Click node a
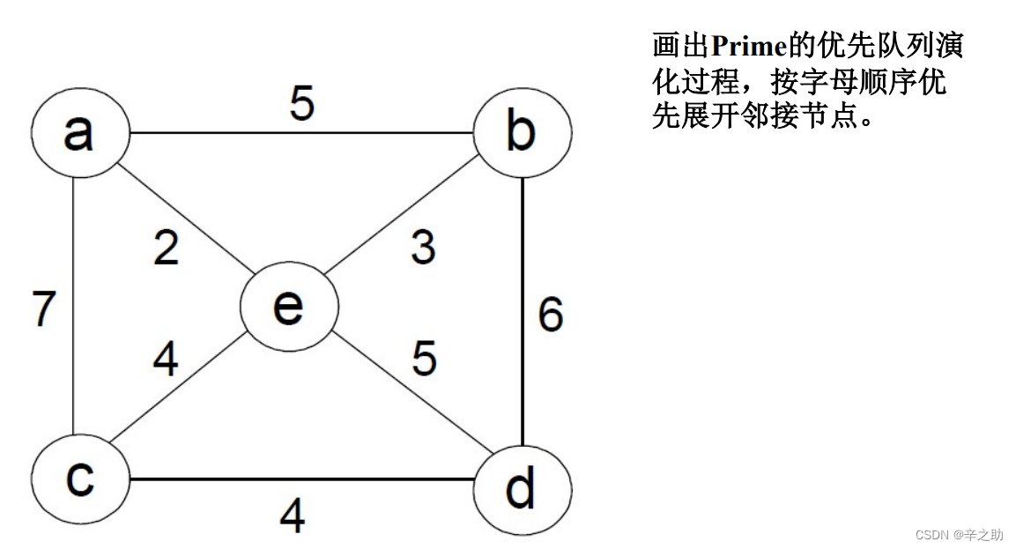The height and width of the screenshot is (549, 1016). coord(80,133)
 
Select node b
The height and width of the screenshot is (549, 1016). coord(522,133)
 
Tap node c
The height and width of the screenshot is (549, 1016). coord(80,479)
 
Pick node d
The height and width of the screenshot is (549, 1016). coord(522,487)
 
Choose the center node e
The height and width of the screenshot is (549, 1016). coord(289,307)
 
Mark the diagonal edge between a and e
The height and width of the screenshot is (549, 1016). coord(185,220)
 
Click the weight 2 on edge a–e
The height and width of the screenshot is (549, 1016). coord(166,249)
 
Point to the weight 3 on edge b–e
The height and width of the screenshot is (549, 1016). coord(423,249)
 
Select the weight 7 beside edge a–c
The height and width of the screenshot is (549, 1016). coord(44,308)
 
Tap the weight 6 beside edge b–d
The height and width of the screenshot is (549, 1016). coord(551,315)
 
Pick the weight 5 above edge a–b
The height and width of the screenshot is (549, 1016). coord(301,104)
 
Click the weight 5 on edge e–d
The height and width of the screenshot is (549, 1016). coord(424,358)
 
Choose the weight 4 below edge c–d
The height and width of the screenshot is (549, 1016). coord(292,516)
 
